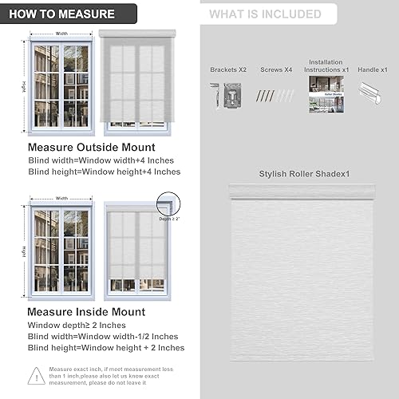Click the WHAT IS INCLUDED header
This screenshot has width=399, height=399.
266,14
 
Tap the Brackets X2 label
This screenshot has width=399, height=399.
228,69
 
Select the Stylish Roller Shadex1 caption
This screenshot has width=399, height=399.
304,173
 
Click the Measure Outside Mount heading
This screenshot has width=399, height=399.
91,148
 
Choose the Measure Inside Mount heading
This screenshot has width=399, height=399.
86,312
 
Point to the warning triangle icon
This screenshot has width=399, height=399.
36,375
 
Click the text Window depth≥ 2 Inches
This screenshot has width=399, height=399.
76,325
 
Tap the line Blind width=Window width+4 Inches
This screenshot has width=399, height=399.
101,160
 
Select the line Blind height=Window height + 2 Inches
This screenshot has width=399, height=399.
105,347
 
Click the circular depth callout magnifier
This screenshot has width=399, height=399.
168,203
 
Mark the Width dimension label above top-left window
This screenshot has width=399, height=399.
61,34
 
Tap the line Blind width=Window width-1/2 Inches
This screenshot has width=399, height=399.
103,336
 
